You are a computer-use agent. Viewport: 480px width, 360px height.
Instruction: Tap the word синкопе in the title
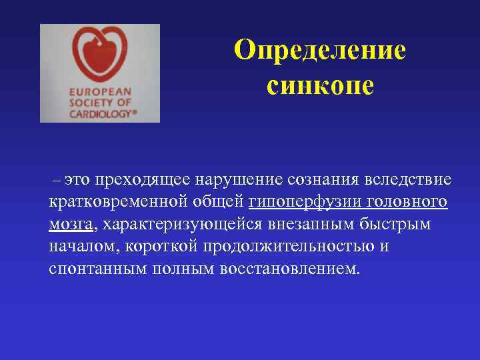(320, 85)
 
